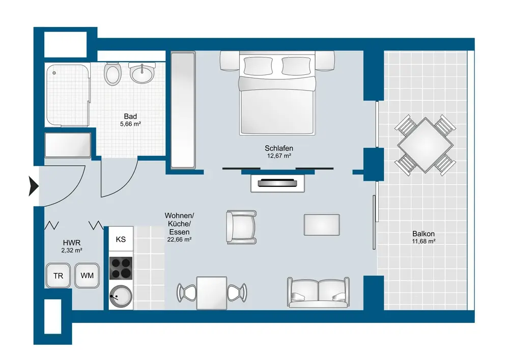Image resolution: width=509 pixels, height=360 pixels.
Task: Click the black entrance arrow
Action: pyautogui.click(x=34, y=186)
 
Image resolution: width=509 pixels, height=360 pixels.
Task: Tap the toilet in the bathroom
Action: pyautogui.click(x=112, y=74)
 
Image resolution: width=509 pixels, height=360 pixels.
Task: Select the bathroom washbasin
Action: pyautogui.click(x=142, y=73)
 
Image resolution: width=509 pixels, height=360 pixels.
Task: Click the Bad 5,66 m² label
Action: pyautogui.click(x=130, y=120)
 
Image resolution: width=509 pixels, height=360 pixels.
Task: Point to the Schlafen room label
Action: pyautogui.click(x=279, y=148)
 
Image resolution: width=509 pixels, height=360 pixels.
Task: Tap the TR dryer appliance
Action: pyautogui.click(x=58, y=275)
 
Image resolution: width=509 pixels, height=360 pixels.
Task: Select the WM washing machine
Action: pyautogui.click(x=87, y=275)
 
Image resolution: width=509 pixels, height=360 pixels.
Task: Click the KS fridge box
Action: pyautogui.click(x=121, y=239)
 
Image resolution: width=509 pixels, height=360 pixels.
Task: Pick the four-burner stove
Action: pyautogui.click(x=121, y=268)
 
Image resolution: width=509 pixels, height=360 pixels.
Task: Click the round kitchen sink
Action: pyautogui.click(x=121, y=297)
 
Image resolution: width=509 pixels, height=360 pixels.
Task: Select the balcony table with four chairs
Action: pyautogui.click(x=425, y=145)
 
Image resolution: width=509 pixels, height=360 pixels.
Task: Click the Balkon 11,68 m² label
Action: pyautogui.click(x=423, y=237)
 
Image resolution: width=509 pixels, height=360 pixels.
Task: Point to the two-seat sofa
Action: pyautogui.click(x=318, y=292)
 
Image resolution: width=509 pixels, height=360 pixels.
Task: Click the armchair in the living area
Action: pyautogui.click(x=241, y=227)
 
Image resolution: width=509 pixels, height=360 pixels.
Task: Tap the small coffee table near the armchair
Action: pyautogui.click(x=322, y=225)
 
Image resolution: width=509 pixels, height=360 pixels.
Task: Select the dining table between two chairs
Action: pyautogui.click(x=212, y=293)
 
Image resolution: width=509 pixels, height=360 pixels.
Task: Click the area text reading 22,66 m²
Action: pyautogui.click(x=179, y=240)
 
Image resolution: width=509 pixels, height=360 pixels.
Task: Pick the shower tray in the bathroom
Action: pyautogui.click(x=67, y=95)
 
